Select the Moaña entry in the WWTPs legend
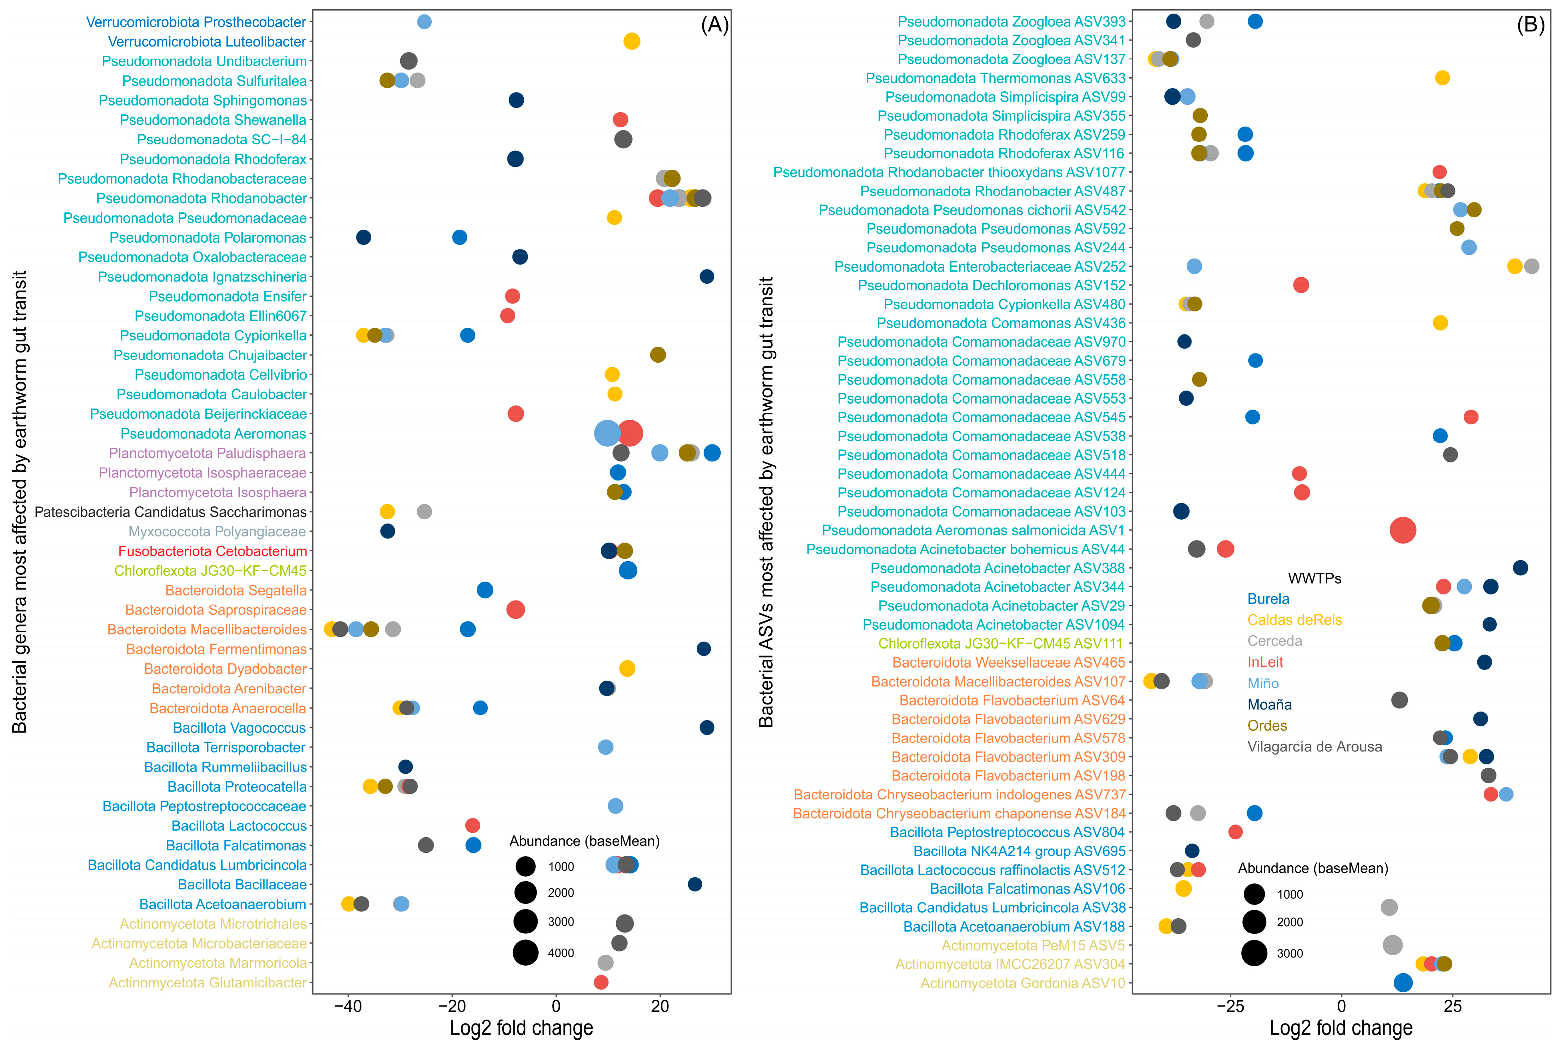tap(1269, 705)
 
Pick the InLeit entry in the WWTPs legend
tap(1265, 662)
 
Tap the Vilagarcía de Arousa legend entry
tap(1314, 747)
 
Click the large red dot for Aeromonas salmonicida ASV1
tap(1403, 530)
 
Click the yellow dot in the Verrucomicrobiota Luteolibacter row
tap(631, 42)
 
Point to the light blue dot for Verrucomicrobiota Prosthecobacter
tap(424, 22)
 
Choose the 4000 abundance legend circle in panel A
tap(526, 953)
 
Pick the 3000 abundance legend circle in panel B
tap(1254, 953)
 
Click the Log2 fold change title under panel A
tap(521, 1028)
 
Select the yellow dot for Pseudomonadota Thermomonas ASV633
tap(1442, 78)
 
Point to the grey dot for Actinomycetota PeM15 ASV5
tap(1393, 945)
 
